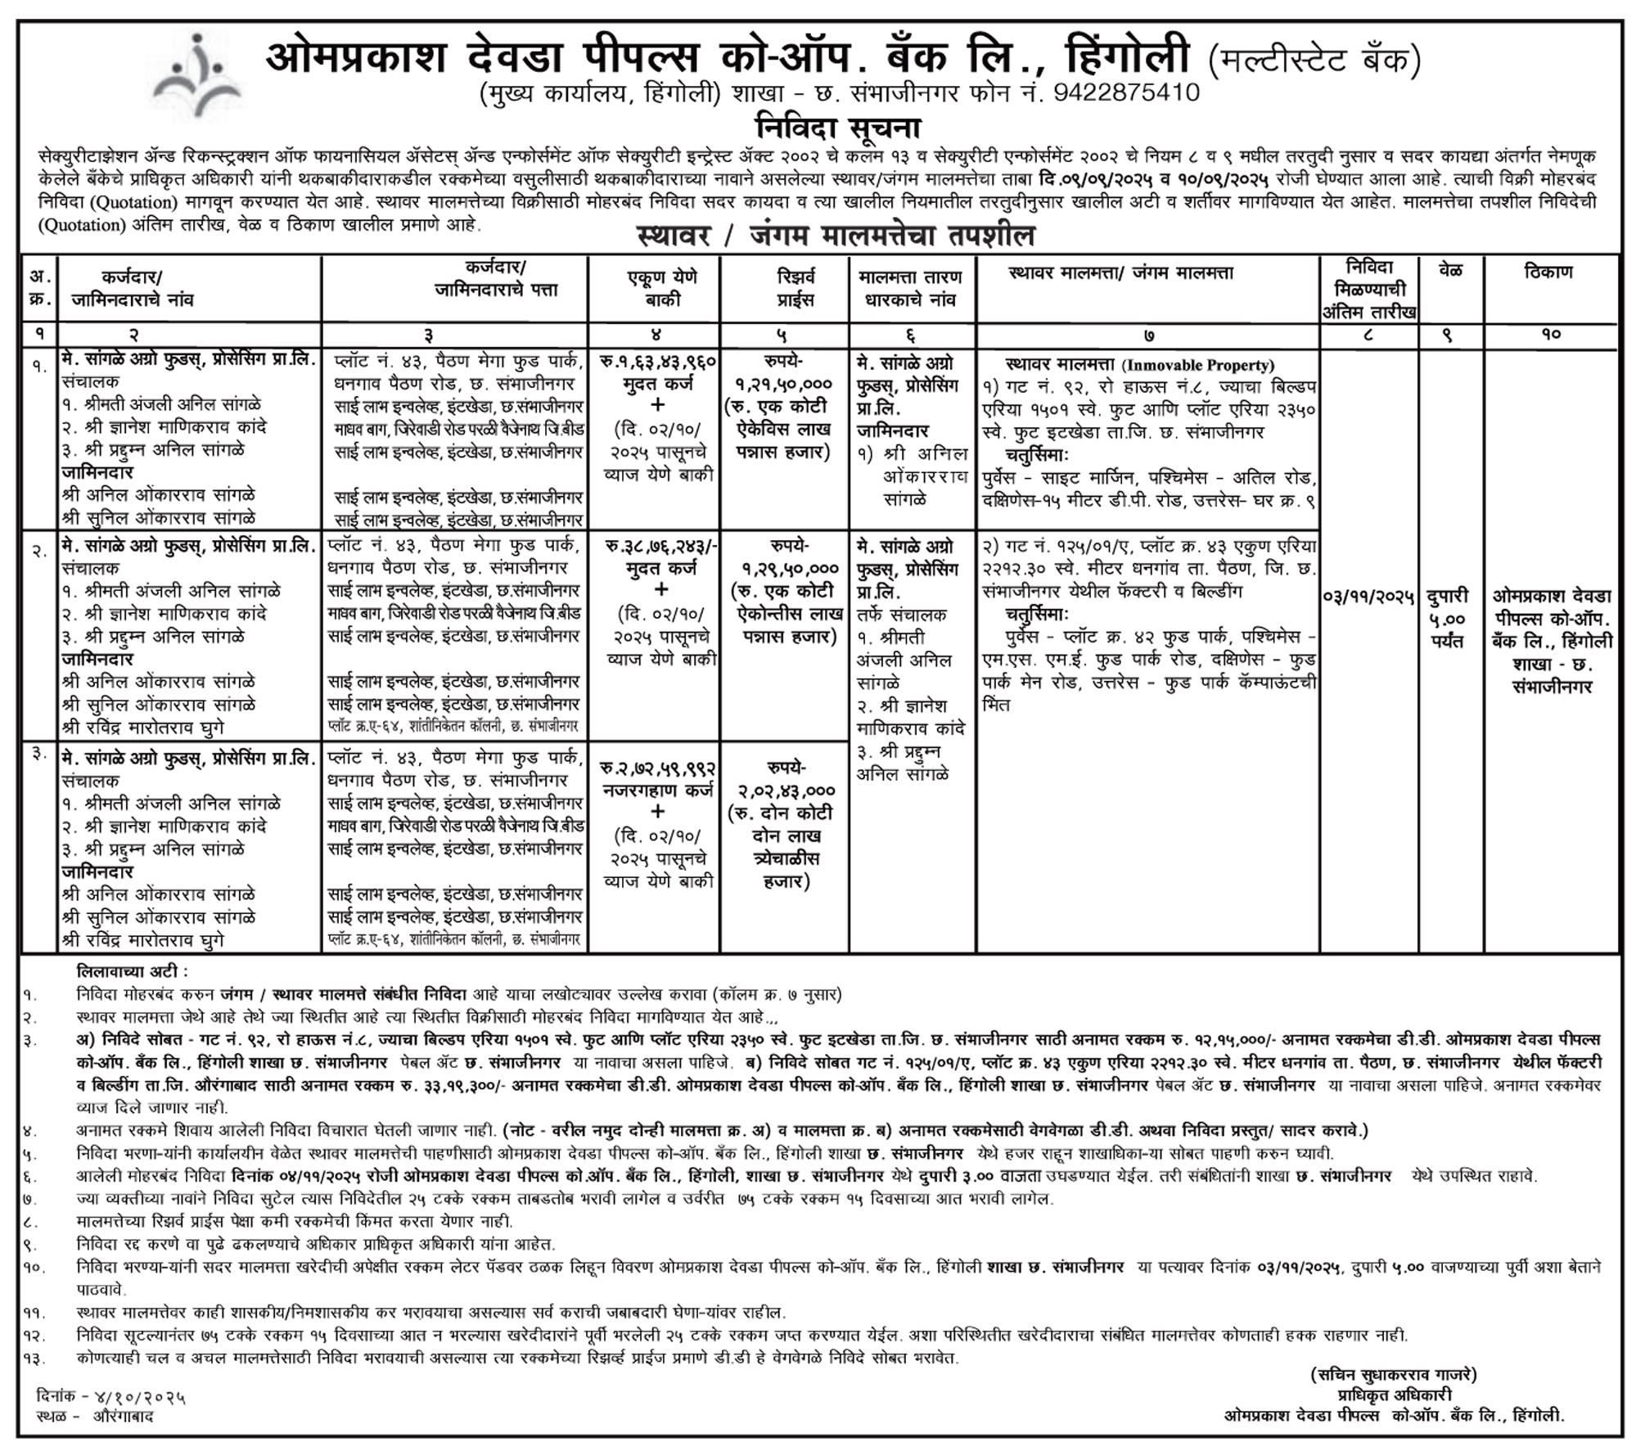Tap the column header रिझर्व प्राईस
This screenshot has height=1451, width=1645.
click(x=784, y=288)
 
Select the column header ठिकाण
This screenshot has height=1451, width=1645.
click(x=1548, y=273)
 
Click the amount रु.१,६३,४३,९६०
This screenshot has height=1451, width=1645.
click(x=658, y=361)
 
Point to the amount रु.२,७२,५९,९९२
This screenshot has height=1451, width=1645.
click(x=658, y=770)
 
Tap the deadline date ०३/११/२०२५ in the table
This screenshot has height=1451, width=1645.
click(x=1368, y=597)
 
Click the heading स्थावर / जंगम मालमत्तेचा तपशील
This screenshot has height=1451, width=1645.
click(x=836, y=237)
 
